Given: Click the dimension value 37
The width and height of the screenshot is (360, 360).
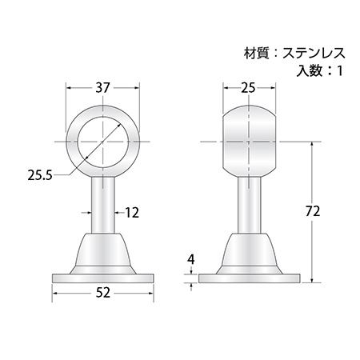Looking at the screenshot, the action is coord(102,87).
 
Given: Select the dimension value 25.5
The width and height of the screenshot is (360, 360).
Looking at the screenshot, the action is coord(40,175).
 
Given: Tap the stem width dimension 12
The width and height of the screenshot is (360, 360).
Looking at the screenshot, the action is coord(132,213).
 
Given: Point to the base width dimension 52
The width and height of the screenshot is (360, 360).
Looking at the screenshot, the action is coord(102,293).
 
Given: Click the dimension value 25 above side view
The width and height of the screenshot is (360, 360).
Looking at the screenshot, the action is coord(248,87).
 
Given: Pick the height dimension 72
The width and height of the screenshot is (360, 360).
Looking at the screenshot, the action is coord(313,211).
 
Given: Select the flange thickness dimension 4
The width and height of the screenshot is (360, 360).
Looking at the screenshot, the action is coord(191,259).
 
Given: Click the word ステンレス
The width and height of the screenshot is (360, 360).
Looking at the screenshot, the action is coord(314,54).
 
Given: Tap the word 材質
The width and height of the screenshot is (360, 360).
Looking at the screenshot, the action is coord(256,54).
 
